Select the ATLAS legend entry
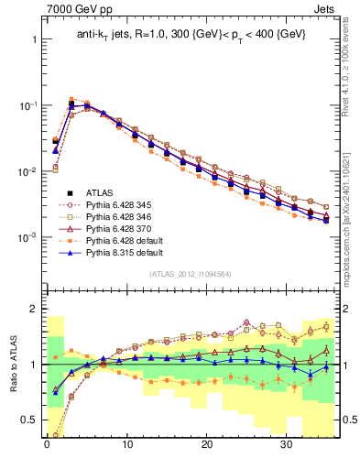tap(102, 192)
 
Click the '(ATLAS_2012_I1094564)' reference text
tap(189, 274)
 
